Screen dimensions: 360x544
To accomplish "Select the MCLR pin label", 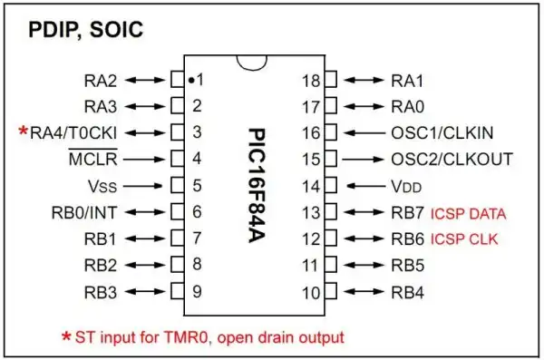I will pos(90,160).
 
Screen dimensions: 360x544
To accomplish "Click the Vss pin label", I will pos(103,187).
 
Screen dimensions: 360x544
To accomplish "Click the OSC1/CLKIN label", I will pos(442,133).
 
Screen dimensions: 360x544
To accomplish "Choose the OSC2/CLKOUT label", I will pos(452,160).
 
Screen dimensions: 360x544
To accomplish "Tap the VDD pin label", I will pos(406,187).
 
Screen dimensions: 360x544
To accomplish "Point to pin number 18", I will pos(311,80).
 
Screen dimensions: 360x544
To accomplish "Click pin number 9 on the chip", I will pos(196,293).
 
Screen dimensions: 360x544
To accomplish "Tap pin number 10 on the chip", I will pos(311,293).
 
